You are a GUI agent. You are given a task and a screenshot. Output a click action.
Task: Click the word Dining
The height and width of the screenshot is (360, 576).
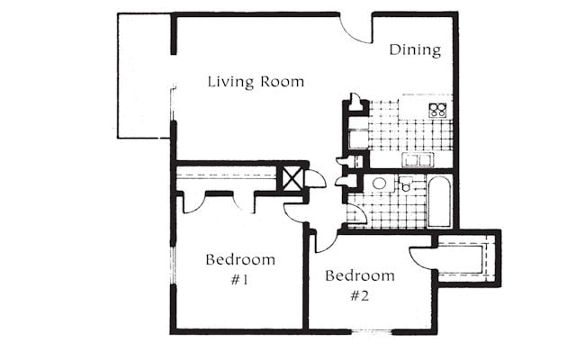(415, 50)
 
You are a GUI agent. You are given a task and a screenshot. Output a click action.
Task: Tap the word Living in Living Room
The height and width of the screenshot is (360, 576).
(230, 82)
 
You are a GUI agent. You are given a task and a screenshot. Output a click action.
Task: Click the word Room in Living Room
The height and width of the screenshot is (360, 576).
(282, 82)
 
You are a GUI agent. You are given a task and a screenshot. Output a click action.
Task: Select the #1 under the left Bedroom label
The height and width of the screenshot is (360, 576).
(239, 280)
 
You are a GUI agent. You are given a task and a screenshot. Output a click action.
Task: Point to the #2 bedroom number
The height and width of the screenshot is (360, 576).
(360, 296)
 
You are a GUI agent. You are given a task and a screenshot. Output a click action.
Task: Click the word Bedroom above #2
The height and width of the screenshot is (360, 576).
(360, 275)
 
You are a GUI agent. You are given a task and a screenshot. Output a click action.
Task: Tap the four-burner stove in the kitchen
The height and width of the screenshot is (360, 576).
(437, 110)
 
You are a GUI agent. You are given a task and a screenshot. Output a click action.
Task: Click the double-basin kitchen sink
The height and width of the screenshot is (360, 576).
(418, 160)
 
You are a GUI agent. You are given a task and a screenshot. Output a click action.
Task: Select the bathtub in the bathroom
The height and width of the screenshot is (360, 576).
(439, 202)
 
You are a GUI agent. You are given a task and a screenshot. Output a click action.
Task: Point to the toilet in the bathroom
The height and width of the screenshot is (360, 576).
(406, 184)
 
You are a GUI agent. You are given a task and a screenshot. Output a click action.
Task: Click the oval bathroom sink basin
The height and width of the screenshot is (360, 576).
(379, 184)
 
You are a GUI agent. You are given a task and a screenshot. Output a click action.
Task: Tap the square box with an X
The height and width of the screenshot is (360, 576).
(292, 179)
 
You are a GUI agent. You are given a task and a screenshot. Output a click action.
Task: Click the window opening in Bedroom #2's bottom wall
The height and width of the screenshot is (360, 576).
(372, 332)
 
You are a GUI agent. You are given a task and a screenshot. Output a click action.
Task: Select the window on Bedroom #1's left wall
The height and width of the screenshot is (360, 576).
(173, 265)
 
